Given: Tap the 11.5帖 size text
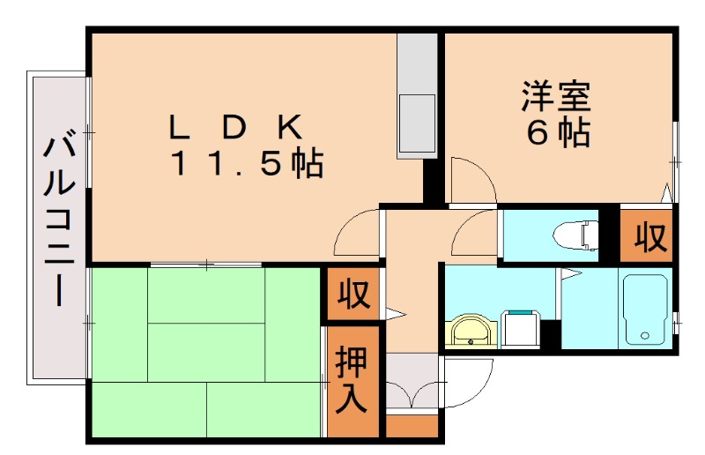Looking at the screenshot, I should coord(246,164).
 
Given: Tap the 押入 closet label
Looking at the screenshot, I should coord(351,381).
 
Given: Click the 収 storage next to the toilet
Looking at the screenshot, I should coord(649,236).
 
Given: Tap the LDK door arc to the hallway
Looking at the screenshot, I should coord(356,235).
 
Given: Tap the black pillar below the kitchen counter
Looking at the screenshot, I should coord(432,181).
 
